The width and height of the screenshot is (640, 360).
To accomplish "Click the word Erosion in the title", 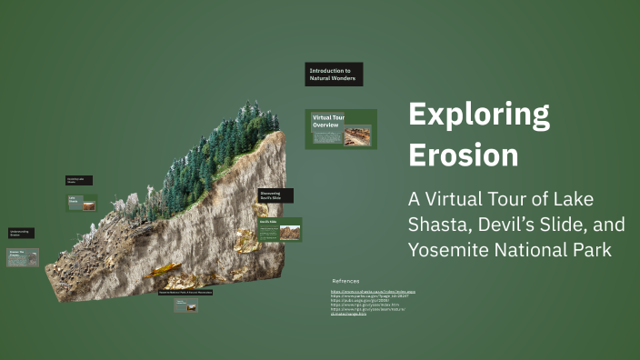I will (x=464, y=155).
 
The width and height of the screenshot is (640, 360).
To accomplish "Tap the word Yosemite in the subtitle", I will (x=446, y=248).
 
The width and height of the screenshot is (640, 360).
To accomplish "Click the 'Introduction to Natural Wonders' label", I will (x=334, y=75).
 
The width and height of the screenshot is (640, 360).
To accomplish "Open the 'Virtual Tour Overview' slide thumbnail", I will (x=340, y=129).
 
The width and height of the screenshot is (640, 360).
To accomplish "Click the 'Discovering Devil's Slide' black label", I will (x=275, y=195).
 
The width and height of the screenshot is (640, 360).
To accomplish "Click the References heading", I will (x=345, y=281).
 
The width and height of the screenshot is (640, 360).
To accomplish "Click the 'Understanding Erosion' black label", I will (x=22, y=234).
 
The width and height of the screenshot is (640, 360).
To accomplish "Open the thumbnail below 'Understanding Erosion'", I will (x=23, y=257).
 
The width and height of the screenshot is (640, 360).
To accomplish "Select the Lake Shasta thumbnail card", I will (x=81, y=202).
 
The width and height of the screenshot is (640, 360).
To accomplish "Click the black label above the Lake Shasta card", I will (x=78, y=181).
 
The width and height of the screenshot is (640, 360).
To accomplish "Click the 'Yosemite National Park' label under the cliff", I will (x=199, y=293).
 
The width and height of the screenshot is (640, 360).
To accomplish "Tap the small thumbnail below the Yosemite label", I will (x=186, y=306).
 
